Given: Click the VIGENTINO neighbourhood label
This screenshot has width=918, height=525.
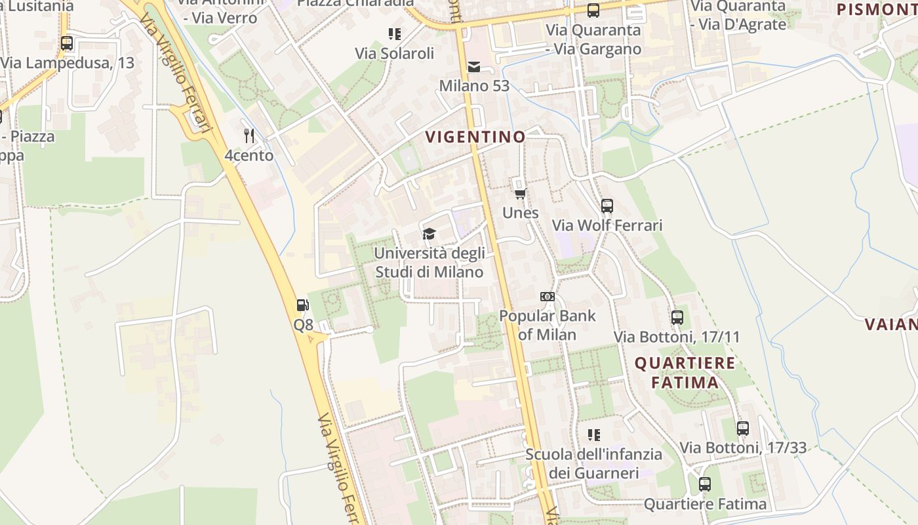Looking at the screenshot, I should coord(475,136).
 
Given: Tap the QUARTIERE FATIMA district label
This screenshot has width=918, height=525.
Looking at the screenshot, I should coord(685,373).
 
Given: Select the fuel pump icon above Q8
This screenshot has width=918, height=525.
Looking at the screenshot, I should coord(302,305).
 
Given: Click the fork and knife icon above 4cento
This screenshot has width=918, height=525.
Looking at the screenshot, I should coord(249,136).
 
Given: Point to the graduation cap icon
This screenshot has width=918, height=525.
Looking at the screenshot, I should coord(429,234).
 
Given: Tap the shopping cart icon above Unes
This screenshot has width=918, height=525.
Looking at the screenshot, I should coord(521,193).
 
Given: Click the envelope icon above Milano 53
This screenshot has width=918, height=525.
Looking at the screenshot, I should coord(473,66).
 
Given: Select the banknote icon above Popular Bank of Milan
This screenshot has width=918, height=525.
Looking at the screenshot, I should coord(548,297).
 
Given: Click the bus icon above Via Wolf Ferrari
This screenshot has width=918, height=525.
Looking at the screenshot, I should coord(607,205).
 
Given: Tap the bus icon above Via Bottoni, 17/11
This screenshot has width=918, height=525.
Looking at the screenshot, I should coord(677,318).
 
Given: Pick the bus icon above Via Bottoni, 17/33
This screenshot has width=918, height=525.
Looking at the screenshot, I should coord(743,429).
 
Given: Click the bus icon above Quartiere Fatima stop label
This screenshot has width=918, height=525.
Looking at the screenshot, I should coord(705,484).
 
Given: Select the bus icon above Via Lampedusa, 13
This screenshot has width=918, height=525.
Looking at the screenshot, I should coord(67,43).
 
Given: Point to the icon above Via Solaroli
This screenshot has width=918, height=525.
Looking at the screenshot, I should coord(394,33).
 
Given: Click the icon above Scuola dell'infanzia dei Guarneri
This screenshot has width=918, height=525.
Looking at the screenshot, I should coord(594,434).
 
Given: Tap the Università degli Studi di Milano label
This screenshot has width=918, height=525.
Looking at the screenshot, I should coord(429,262).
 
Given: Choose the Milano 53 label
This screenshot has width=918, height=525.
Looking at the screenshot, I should coord(474,86).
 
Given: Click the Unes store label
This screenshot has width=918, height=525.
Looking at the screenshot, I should coord(521,213).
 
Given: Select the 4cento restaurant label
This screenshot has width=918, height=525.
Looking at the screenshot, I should coord(249,156).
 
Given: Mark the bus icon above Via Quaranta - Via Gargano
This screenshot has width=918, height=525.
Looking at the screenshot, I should coord(593,10).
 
